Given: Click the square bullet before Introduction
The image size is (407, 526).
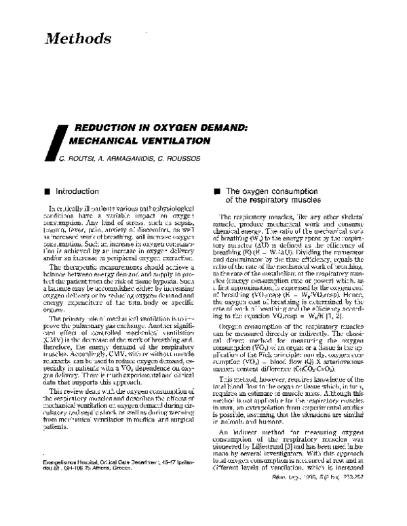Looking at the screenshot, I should [x=45, y=193].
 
